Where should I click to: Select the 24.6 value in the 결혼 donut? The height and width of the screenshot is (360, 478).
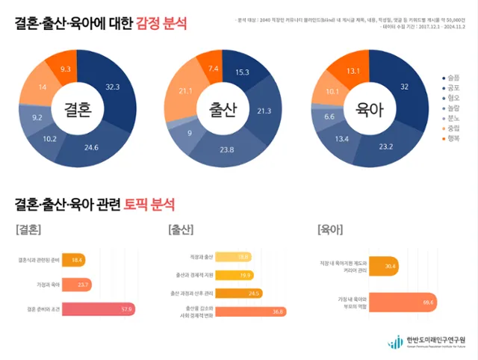[x=91, y=147]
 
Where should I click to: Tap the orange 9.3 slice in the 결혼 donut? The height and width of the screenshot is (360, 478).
[x=66, y=68]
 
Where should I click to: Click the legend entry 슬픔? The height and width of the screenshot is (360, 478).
[x=450, y=77]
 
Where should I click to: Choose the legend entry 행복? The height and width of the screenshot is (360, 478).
[x=450, y=139]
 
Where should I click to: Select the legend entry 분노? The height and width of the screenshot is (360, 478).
[x=450, y=118]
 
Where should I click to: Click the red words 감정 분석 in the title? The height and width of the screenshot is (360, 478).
[x=161, y=25]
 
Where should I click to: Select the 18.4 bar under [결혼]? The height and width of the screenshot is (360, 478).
[x=75, y=260]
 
